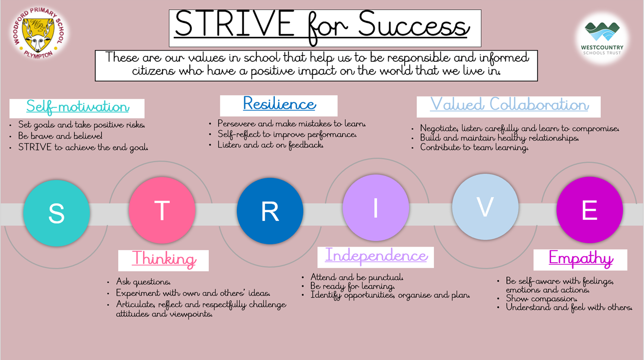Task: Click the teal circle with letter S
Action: (56, 213)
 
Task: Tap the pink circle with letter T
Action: (162, 210)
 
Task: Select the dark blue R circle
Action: (270, 211)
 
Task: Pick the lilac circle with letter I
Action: (376, 208)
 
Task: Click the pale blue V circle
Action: (485, 207)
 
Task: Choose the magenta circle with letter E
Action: (590, 210)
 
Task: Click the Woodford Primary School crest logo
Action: (38, 33)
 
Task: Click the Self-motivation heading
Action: (78, 108)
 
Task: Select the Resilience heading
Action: (280, 104)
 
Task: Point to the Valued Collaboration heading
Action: (509, 104)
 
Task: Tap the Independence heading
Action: (376, 255)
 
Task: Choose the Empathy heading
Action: (581, 258)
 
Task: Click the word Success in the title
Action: (414, 25)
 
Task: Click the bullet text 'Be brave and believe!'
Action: (60, 136)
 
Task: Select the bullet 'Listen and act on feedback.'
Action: (270, 144)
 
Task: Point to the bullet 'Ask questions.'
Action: (143, 282)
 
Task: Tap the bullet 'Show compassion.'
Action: (541, 299)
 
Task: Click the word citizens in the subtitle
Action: (153, 71)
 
